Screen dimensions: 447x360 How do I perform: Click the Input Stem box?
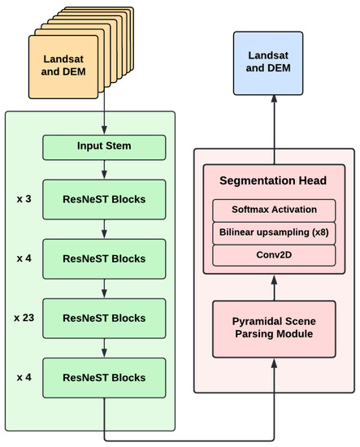(104, 147)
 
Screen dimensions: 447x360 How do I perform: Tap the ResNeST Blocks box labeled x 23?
(104, 318)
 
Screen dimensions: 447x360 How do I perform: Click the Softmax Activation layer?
(274, 210)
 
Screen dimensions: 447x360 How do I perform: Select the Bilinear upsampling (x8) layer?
(274, 232)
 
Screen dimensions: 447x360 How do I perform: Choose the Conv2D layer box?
(274, 254)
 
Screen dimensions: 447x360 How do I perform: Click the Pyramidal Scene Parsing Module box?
(274, 328)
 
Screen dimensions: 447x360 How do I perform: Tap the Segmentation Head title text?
(274, 179)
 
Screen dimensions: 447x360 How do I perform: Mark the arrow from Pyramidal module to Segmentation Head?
(274, 287)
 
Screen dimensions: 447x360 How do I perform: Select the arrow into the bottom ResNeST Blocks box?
(104, 348)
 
